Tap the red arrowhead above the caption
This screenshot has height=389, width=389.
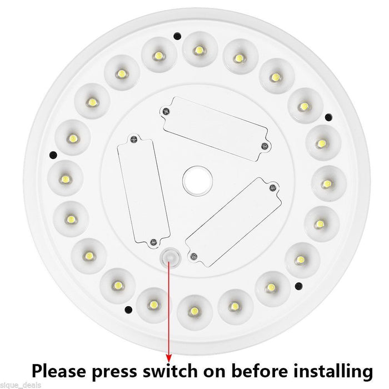(168, 343)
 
